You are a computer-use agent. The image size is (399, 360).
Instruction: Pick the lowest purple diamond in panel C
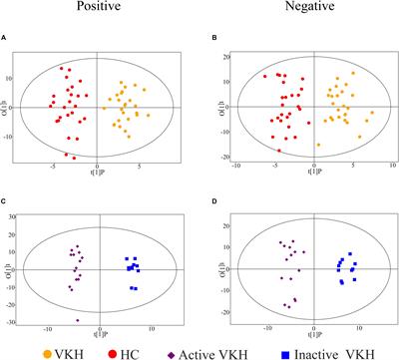coord(77,320)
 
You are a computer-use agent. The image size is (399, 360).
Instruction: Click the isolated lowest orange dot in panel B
coord(318,145)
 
